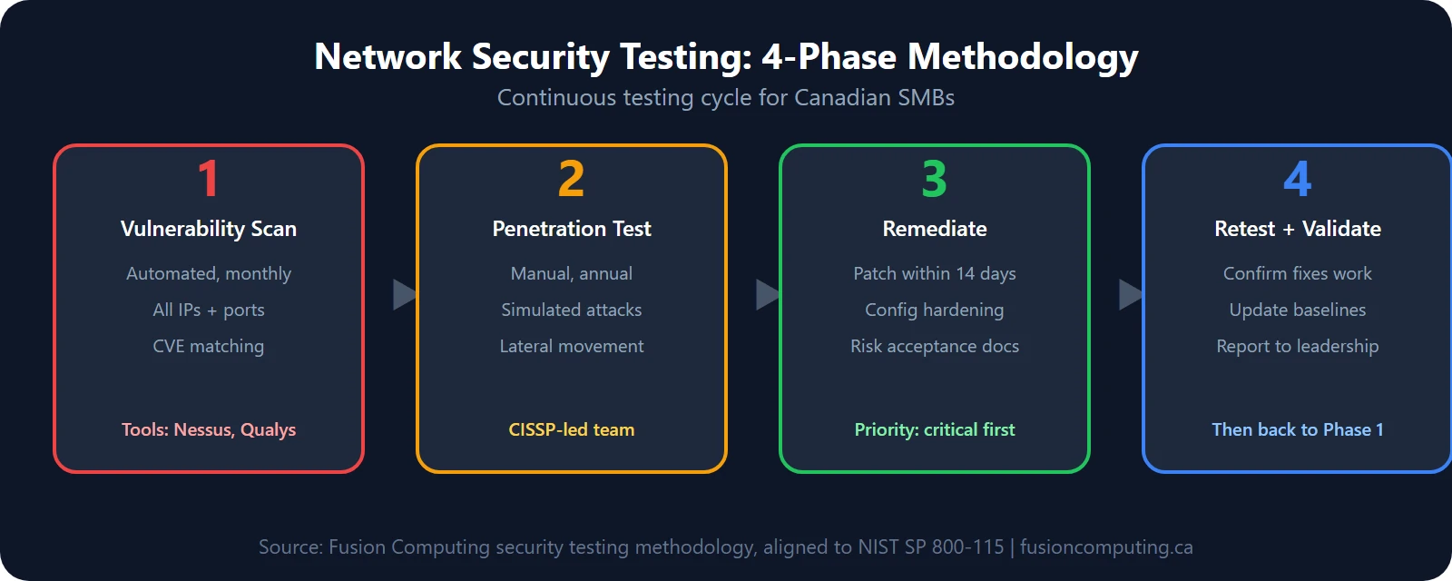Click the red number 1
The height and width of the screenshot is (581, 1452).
[x=209, y=178]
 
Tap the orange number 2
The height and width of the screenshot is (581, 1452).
[x=572, y=178]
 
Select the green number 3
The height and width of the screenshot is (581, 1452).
[x=935, y=178]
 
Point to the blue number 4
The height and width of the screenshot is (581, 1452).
[x=1298, y=178]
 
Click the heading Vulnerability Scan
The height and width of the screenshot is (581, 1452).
[x=209, y=229]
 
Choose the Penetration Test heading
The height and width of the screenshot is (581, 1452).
[x=572, y=229]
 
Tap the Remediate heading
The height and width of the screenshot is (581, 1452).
[x=935, y=229]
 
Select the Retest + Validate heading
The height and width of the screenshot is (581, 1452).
[x=1298, y=229]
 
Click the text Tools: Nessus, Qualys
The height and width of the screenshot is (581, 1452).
[x=209, y=429]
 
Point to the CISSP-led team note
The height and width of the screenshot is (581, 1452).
[x=572, y=429]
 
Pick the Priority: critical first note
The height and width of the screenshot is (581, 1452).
[x=935, y=429]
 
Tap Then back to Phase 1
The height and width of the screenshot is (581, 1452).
[x=1298, y=429]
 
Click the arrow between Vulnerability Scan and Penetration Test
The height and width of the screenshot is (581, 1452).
[x=404, y=294]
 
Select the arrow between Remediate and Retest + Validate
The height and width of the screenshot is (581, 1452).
[x=1130, y=294]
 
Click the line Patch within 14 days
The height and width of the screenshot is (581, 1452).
[x=935, y=273]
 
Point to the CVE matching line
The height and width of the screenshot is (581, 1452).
[x=209, y=346]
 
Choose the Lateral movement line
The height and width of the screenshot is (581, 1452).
[x=572, y=346]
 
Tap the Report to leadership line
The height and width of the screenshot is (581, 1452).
[x=1298, y=346]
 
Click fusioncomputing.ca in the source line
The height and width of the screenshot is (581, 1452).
[x=1106, y=547]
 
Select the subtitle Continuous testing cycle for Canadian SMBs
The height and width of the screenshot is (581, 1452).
[x=726, y=97]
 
